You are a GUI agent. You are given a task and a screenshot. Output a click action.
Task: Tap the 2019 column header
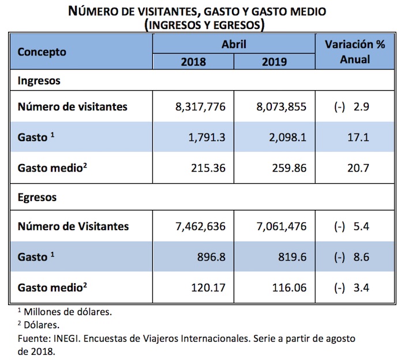274,61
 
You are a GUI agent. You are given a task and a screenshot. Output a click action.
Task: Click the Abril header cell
234,44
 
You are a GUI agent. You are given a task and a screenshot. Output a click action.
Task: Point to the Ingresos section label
39,81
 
